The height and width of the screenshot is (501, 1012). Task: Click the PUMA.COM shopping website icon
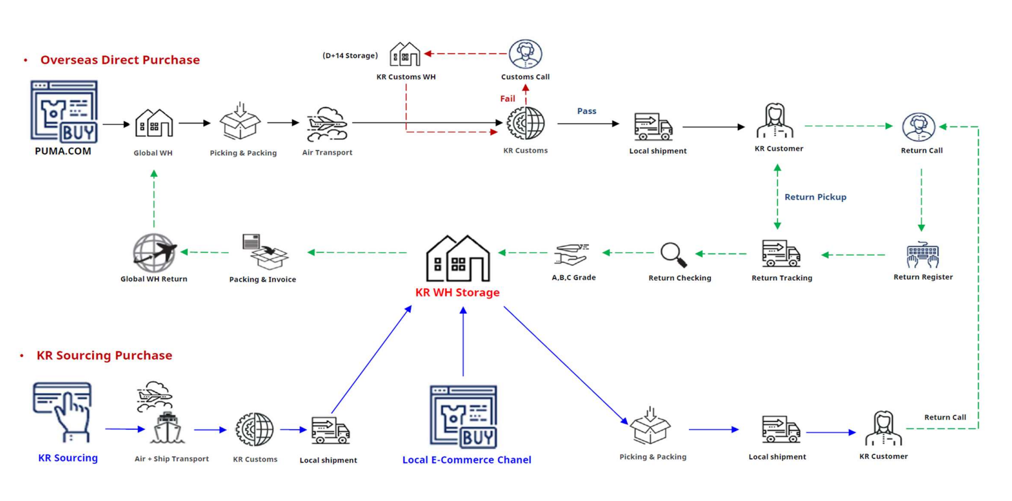click(64, 111)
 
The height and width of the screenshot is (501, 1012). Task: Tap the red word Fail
click(507, 99)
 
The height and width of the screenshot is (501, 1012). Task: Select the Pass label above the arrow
click(587, 111)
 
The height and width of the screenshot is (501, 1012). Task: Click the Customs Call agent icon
click(525, 54)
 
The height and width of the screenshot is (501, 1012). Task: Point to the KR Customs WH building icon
click(405, 54)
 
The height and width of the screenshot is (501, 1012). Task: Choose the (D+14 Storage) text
click(350, 56)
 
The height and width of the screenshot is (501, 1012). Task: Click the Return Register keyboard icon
click(923, 254)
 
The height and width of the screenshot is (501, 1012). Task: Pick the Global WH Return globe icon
click(154, 253)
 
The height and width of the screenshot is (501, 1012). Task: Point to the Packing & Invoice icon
click(265, 252)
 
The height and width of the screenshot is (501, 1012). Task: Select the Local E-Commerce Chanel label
click(466, 460)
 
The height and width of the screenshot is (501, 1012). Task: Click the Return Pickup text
click(815, 197)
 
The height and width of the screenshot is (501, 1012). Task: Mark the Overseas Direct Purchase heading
click(120, 60)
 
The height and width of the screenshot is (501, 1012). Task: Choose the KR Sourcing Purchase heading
click(104, 356)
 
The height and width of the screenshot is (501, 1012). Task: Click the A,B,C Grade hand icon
click(571, 254)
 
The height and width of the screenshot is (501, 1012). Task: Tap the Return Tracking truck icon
click(781, 253)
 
